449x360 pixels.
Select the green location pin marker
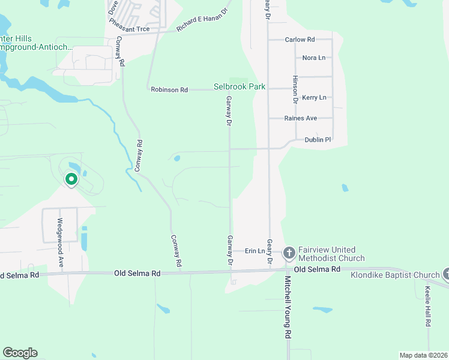pos(71,179)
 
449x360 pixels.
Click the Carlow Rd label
pos(300,40)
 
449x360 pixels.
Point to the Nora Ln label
pos(313,58)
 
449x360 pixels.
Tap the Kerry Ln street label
pos(314,98)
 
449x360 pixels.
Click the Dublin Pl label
pos(318,140)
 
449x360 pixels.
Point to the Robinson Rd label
pos(169,89)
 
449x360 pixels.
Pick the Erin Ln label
pos(255,251)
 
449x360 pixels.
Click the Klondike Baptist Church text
pos(396,275)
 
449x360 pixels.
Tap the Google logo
pos(20,353)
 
